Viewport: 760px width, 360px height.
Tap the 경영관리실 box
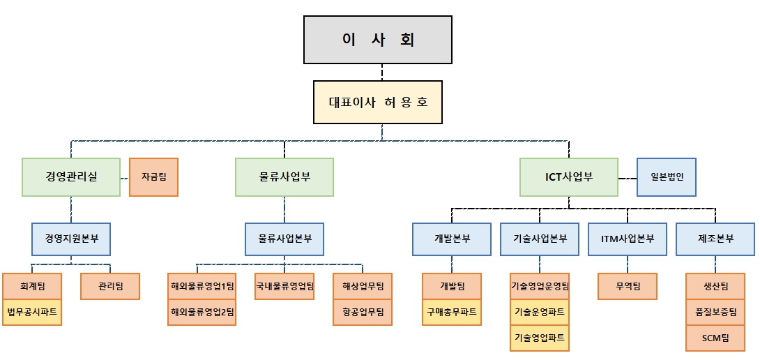[71, 177]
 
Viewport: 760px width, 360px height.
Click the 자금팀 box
[154, 177]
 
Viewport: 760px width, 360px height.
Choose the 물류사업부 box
[284, 177]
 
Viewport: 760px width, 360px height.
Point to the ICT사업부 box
[569, 177]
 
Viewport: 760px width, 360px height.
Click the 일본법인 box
[667, 177]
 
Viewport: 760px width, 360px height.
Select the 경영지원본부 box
[71, 238]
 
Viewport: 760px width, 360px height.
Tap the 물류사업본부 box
[284, 238]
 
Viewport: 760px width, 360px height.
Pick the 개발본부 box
[452, 238]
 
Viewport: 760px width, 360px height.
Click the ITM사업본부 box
[628, 238]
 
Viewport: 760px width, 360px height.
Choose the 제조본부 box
[715, 238]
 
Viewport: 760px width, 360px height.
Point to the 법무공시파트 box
[32, 312]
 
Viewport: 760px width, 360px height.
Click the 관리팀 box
[110, 286]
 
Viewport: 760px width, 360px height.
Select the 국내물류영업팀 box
[284, 286]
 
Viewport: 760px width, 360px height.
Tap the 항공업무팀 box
[363, 312]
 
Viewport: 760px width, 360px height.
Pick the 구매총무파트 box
[452, 312]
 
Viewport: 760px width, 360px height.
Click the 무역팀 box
[628, 286]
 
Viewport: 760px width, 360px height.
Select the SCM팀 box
[715, 338]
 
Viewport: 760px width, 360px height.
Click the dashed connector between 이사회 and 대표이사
[381, 72]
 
